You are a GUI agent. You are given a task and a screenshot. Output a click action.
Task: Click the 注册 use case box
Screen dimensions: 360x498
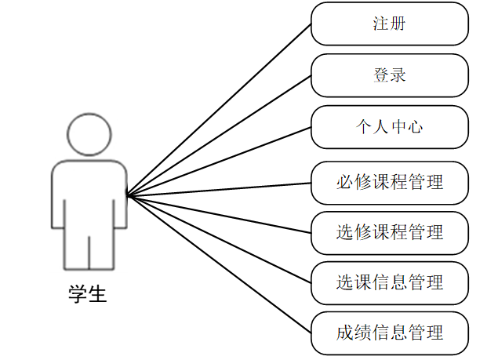click(390, 24)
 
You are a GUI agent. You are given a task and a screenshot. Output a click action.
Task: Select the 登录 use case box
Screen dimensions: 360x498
click(390, 75)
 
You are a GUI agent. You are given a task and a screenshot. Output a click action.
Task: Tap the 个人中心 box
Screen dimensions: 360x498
click(390, 126)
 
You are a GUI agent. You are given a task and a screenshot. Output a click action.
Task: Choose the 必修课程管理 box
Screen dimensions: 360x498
click(390, 183)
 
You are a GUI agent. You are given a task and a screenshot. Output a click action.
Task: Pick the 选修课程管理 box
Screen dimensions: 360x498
click(390, 232)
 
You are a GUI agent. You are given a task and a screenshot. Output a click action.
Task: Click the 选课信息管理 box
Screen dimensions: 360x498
click(390, 282)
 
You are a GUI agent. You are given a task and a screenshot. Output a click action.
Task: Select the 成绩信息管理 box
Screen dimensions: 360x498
click(390, 333)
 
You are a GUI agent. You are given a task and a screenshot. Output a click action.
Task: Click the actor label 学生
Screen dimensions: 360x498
click(88, 296)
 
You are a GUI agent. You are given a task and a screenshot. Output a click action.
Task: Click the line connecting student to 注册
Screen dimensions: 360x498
click(220, 109)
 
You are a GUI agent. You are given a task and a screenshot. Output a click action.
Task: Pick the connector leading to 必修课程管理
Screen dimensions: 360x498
click(220, 189)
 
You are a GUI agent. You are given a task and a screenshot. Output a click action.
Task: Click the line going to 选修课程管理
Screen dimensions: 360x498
click(220, 213)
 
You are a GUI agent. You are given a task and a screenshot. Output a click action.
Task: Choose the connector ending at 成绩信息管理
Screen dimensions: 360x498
click(220, 264)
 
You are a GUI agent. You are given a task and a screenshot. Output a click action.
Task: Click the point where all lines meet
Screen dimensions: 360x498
click(128, 195)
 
